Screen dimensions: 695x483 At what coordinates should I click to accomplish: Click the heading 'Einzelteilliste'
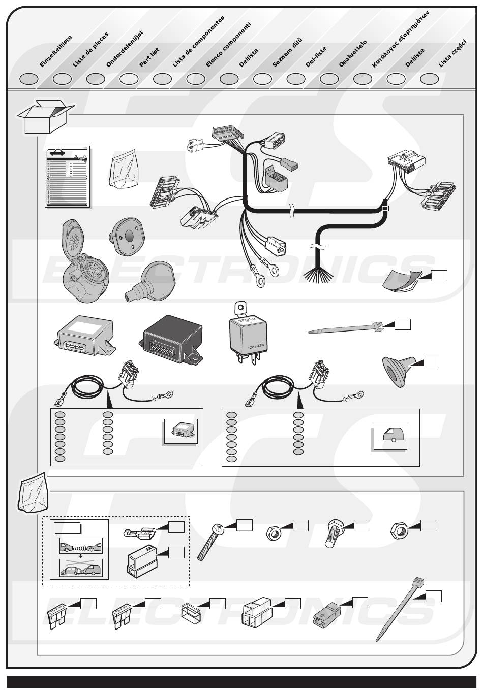55,51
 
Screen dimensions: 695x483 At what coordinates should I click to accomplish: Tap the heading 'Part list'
149,57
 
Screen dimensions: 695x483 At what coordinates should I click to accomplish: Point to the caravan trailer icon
390,436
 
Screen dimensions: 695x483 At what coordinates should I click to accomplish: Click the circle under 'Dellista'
229,79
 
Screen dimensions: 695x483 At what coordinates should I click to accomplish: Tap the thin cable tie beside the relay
344,330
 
